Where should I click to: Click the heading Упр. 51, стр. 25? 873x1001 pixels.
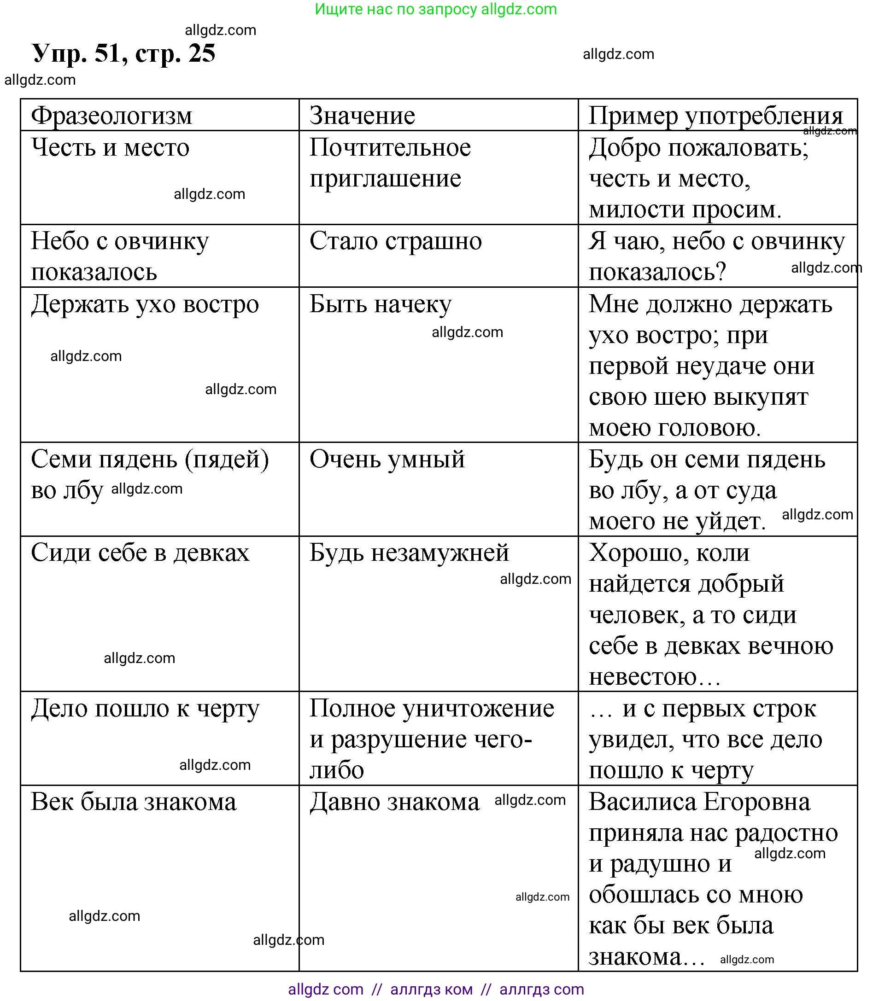pos(124,53)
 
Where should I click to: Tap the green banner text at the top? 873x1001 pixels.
pos(435,9)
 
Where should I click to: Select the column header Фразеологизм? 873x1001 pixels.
pos(111,116)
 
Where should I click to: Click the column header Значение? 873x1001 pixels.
pos(363,116)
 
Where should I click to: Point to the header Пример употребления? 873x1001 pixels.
pos(715,116)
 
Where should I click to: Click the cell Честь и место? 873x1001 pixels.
pos(110,147)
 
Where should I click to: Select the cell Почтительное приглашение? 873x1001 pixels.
pos(390,163)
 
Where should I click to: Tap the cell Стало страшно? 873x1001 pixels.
pos(396,241)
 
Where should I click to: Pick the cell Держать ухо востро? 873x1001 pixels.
pos(145,304)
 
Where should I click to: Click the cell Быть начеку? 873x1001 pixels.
pos(381,304)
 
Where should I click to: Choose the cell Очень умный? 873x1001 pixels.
pos(387,459)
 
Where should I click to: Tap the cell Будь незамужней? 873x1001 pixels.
pos(409,553)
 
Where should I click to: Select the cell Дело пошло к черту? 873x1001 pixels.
pos(145,709)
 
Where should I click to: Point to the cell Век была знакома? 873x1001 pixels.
pos(134,802)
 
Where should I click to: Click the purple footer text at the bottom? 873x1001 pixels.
pos(435,989)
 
